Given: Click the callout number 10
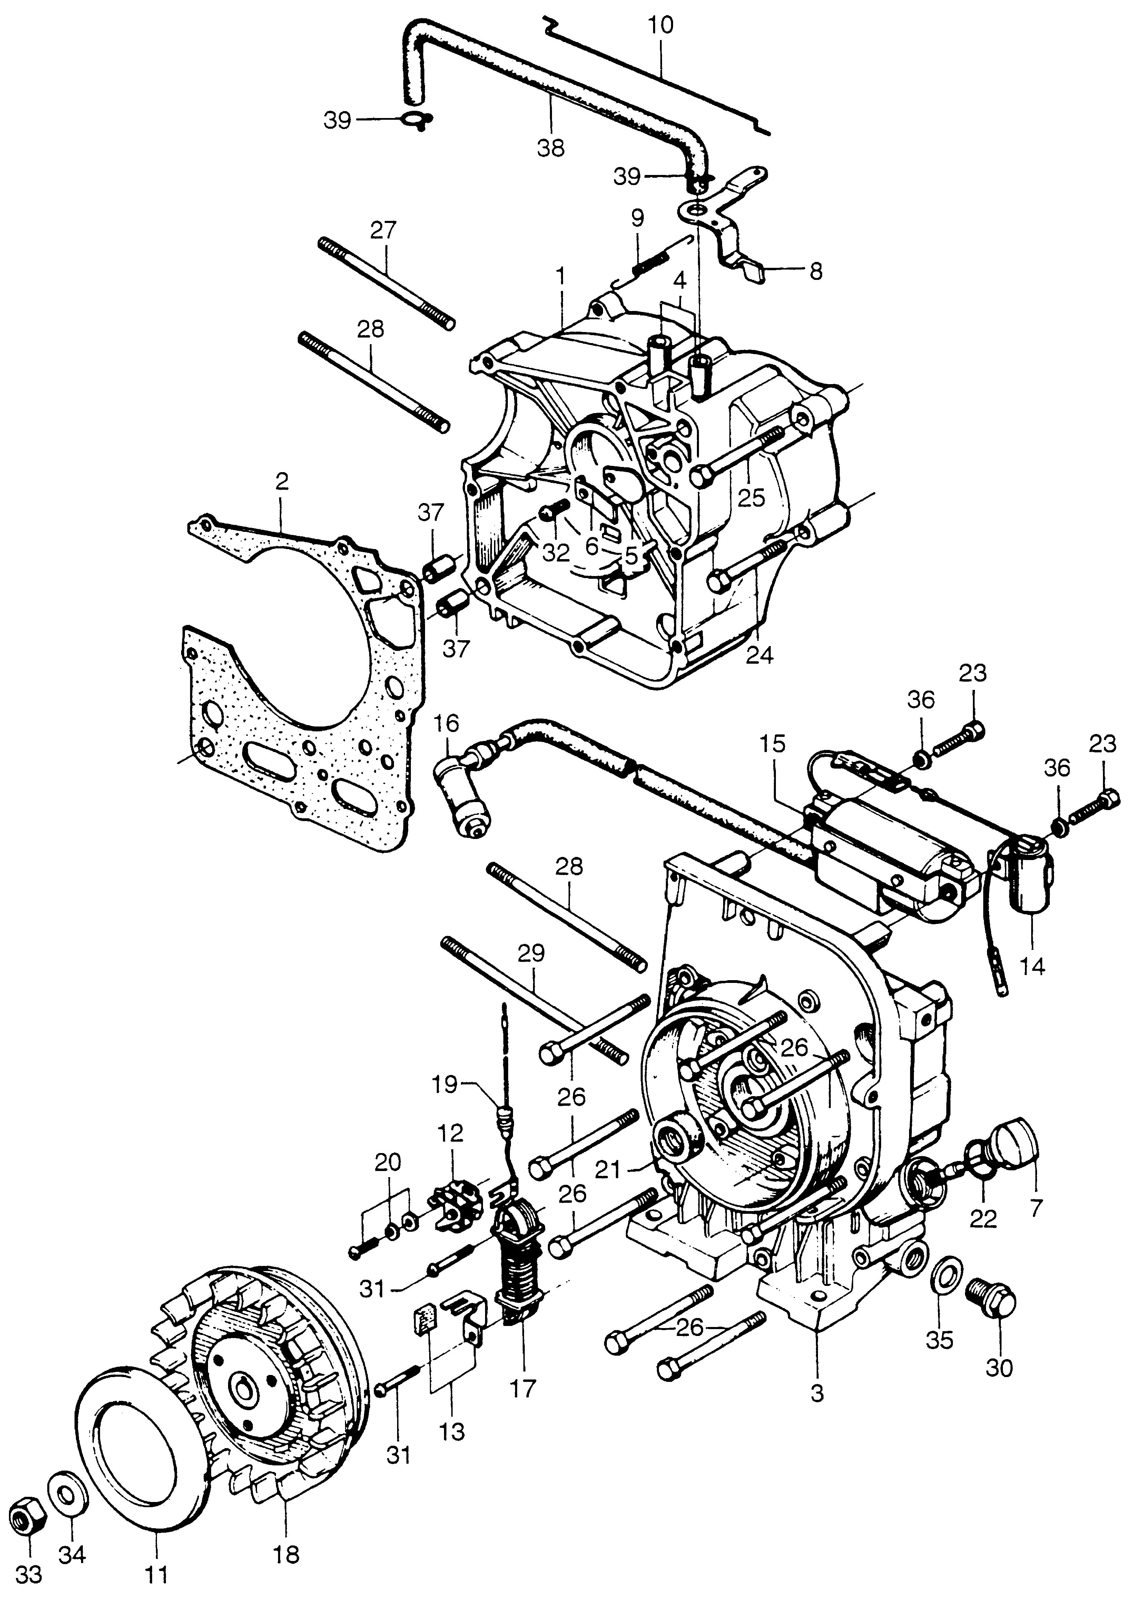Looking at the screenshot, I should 660,26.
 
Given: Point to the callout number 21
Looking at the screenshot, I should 608,1168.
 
